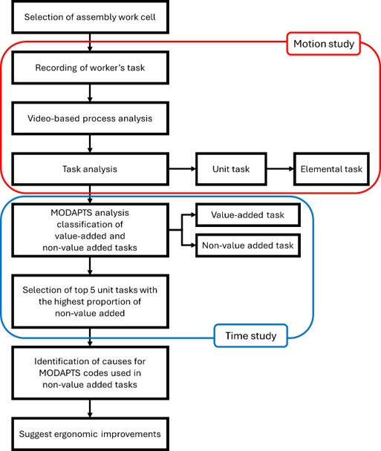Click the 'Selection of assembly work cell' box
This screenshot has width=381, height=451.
[90, 17]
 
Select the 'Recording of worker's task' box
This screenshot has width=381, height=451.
[90, 68]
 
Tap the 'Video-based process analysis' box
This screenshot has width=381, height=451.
[90, 118]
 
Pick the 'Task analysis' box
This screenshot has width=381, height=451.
[90, 169]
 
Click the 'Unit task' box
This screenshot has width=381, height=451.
[231, 169]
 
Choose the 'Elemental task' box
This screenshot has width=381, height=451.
[331, 169]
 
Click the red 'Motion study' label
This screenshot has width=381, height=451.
[324, 44]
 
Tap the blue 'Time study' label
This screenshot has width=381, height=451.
[251, 336]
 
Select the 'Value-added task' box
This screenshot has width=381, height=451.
[247, 215]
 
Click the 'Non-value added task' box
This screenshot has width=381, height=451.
[247, 246]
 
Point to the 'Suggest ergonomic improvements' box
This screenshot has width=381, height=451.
[90, 434]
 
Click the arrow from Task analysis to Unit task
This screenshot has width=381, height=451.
[182, 169]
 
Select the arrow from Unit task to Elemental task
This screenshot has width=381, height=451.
[280, 169]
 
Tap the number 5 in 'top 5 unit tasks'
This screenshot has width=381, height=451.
[92, 290]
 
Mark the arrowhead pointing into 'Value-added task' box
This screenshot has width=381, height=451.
[193, 215]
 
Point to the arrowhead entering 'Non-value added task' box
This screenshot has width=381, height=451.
[193, 246]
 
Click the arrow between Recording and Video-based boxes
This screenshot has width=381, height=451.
[90, 93]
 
